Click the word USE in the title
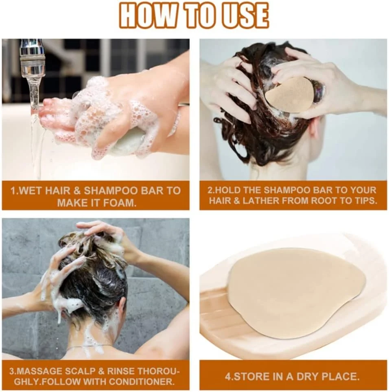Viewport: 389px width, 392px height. [244, 15]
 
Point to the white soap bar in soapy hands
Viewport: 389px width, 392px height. [125, 141]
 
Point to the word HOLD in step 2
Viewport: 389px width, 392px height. [229, 190]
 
